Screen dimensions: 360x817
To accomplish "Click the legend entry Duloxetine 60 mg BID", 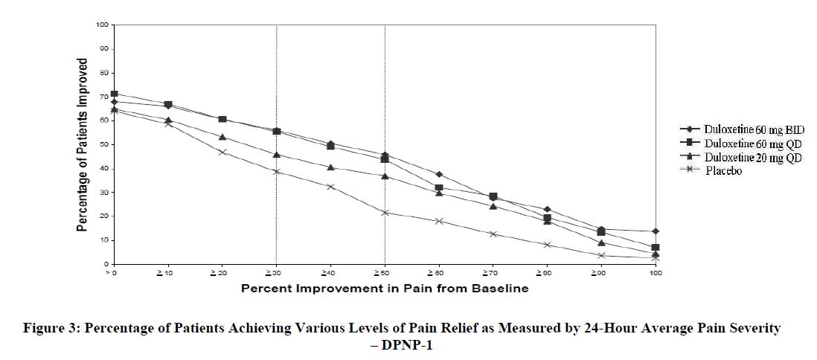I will [x=753, y=130].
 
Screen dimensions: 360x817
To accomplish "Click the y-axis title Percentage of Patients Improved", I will [x=83, y=145].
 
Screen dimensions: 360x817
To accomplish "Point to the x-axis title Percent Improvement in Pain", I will [x=385, y=289].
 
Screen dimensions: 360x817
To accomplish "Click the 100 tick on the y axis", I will [x=103, y=25].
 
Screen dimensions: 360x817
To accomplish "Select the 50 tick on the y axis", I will [x=105, y=144].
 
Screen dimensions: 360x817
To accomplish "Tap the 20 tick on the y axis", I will [x=105, y=216].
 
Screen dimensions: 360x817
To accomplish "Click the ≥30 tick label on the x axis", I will [x=276, y=274].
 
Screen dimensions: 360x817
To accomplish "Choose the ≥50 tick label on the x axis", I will [x=385, y=274].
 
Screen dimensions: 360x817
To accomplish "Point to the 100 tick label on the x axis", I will [x=656, y=274].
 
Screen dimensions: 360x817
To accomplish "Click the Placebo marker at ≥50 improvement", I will [x=385, y=213].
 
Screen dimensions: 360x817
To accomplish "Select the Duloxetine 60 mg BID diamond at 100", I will [x=656, y=231].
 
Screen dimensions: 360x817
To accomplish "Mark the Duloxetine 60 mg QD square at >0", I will [x=115, y=94].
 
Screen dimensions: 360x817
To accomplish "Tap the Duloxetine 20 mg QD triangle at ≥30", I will [x=277, y=155].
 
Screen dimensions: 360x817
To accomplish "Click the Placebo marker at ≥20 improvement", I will [x=222, y=152].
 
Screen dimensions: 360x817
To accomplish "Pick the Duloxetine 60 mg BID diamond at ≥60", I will [x=439, y=174].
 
